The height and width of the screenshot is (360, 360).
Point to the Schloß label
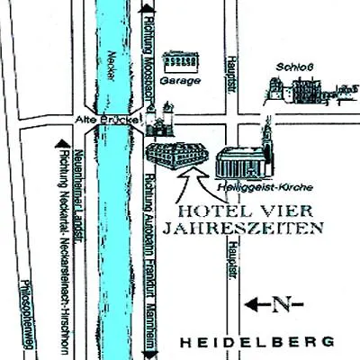point(287,67)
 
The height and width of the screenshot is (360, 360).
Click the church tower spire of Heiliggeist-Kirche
point(265,135)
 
